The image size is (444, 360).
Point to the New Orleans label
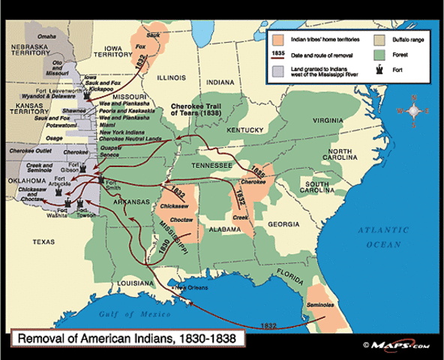190,287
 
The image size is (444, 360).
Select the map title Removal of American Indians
125,338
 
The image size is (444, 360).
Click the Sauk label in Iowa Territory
154,34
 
